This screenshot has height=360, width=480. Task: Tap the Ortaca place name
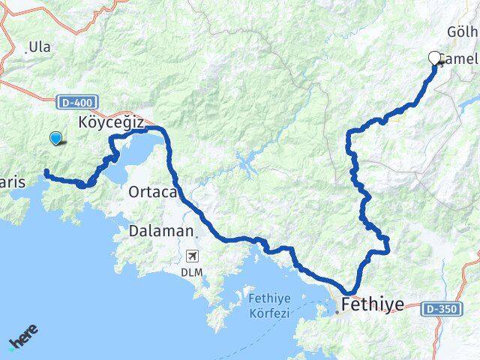(x=152, y=192)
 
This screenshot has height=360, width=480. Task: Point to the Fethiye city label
(x=372, y=304)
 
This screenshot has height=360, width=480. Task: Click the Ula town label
(x=40, y=47)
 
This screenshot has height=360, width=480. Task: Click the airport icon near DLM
(x=194, y=256)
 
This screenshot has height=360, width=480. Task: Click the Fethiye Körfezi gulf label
(x=268, y=307)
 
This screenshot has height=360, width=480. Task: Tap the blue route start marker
(x=55, y=137)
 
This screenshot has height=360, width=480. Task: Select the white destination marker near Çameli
(x=434, y=58)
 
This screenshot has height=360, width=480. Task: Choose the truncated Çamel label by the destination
(x=458, y=59)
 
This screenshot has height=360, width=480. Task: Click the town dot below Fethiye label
(x=338, y=311)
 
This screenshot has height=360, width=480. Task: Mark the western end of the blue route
(x=46, y=172)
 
